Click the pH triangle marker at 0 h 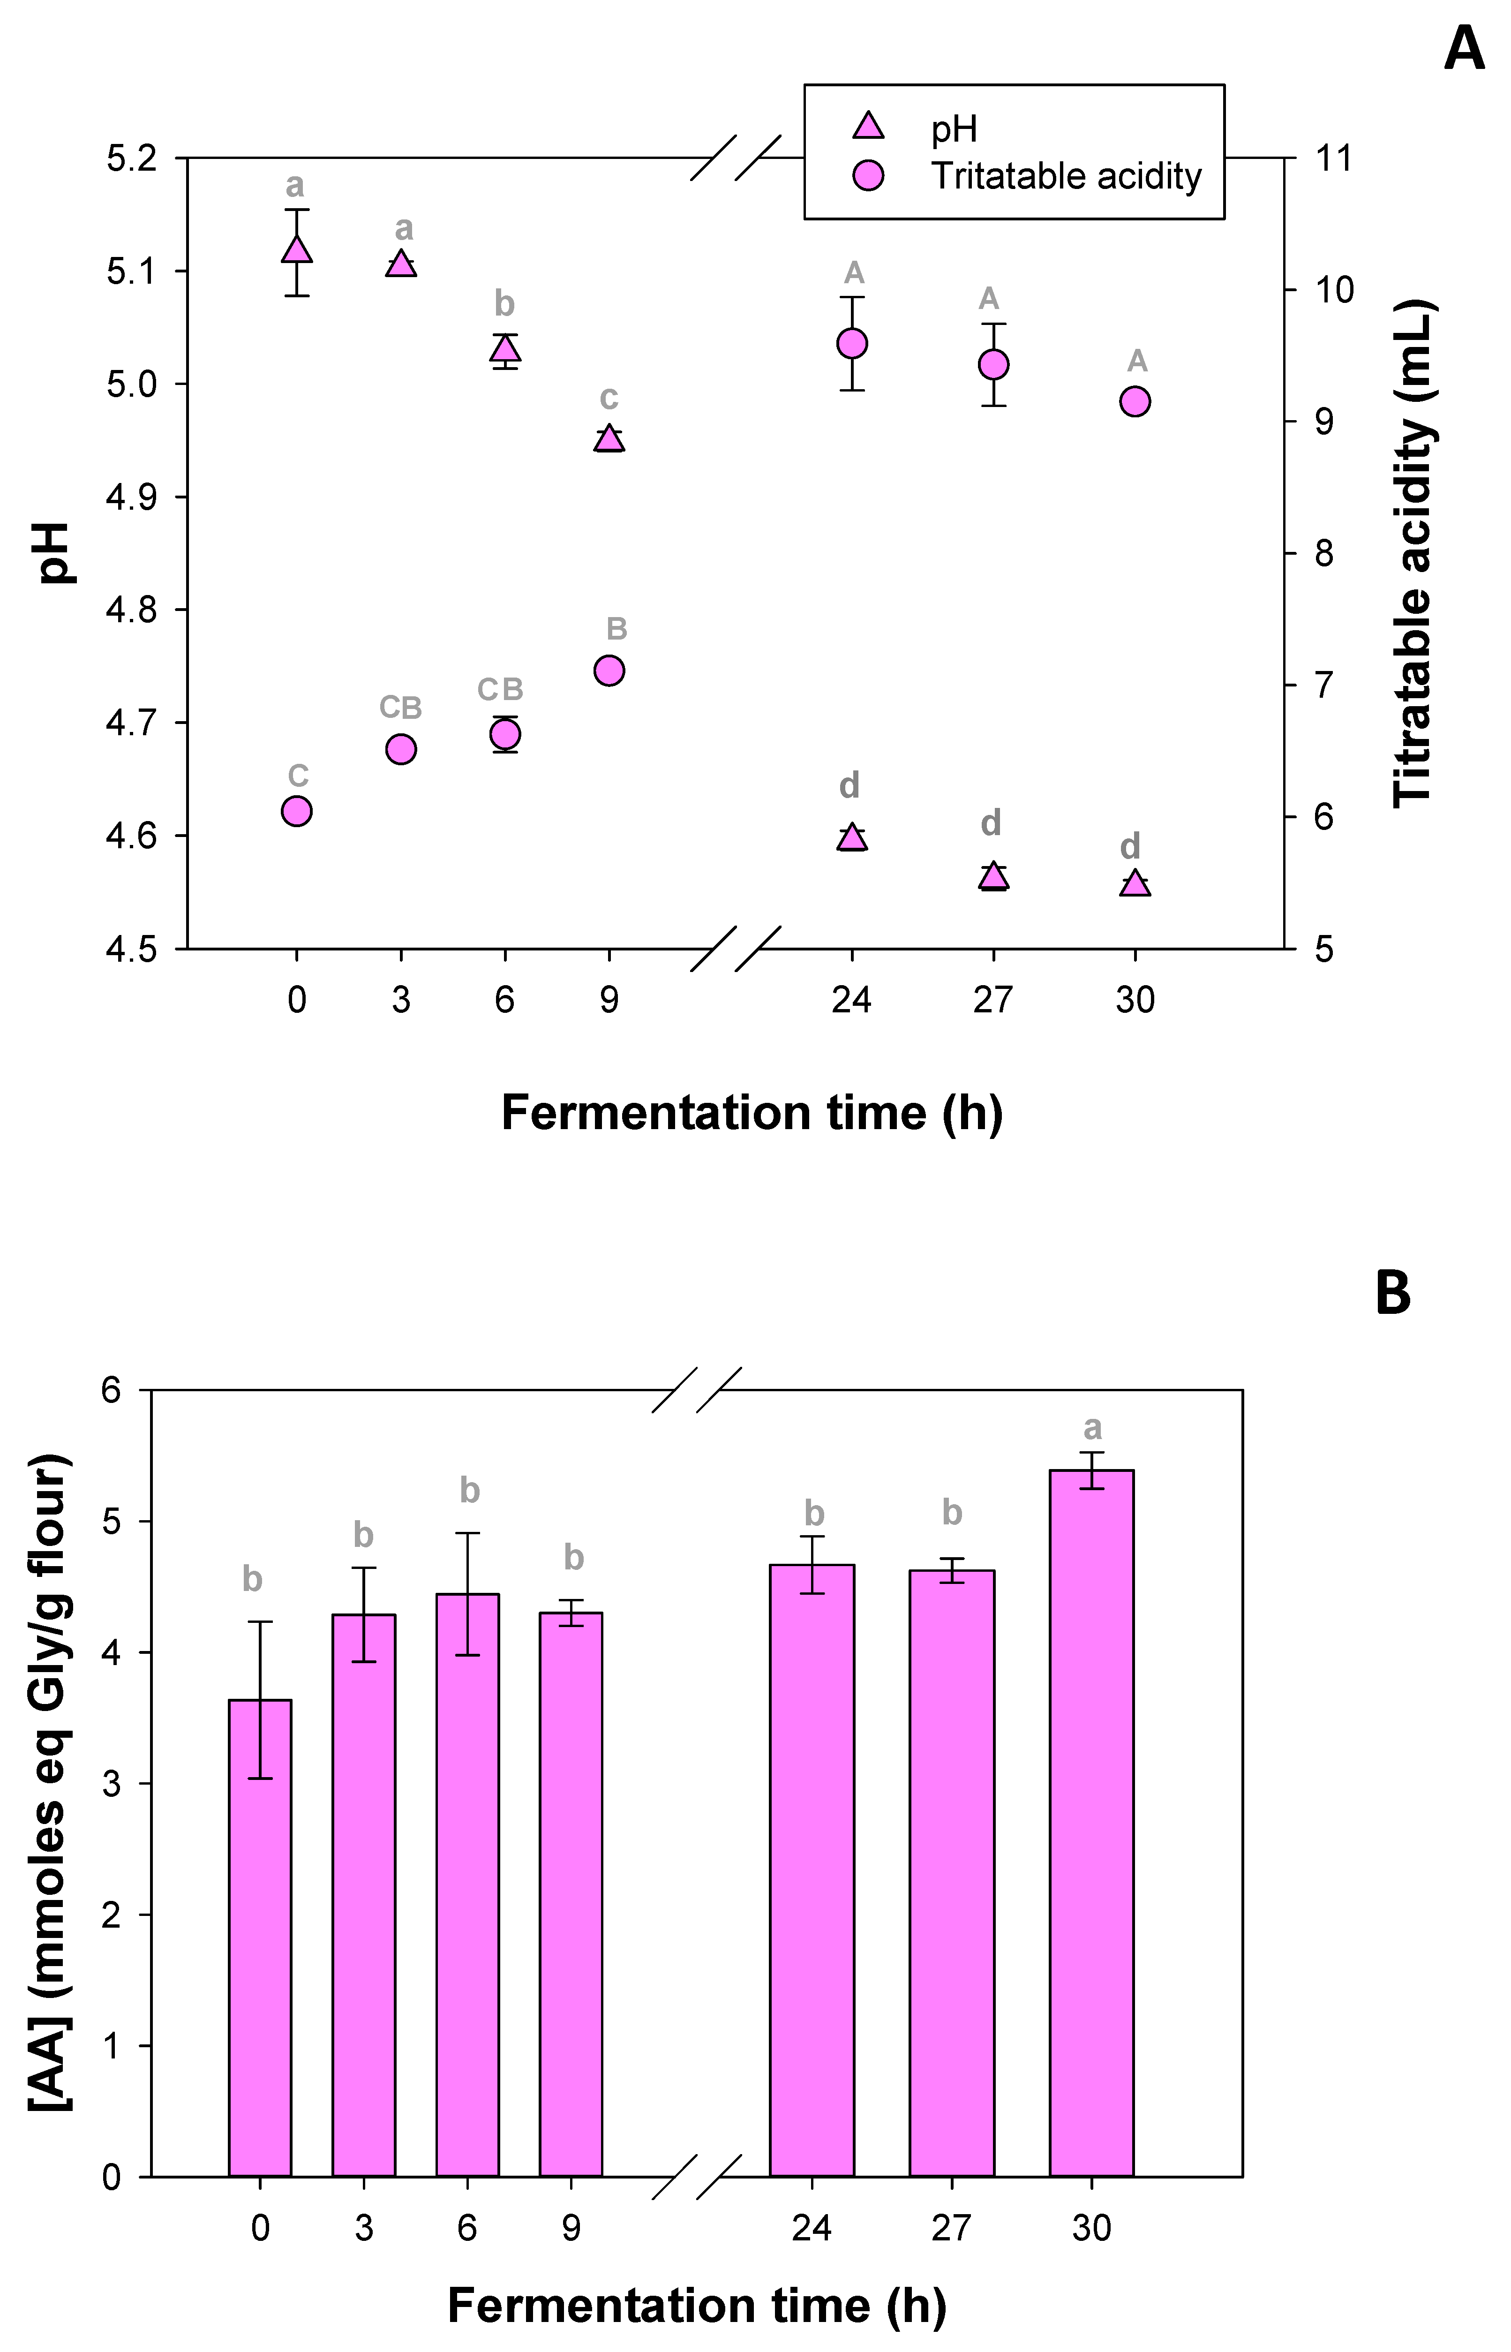coord(296,249)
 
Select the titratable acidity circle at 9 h coord(609,670)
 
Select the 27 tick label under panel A coord(993,1001)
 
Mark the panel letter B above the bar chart coord(1393,1293)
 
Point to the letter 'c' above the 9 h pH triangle coord(609,399)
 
